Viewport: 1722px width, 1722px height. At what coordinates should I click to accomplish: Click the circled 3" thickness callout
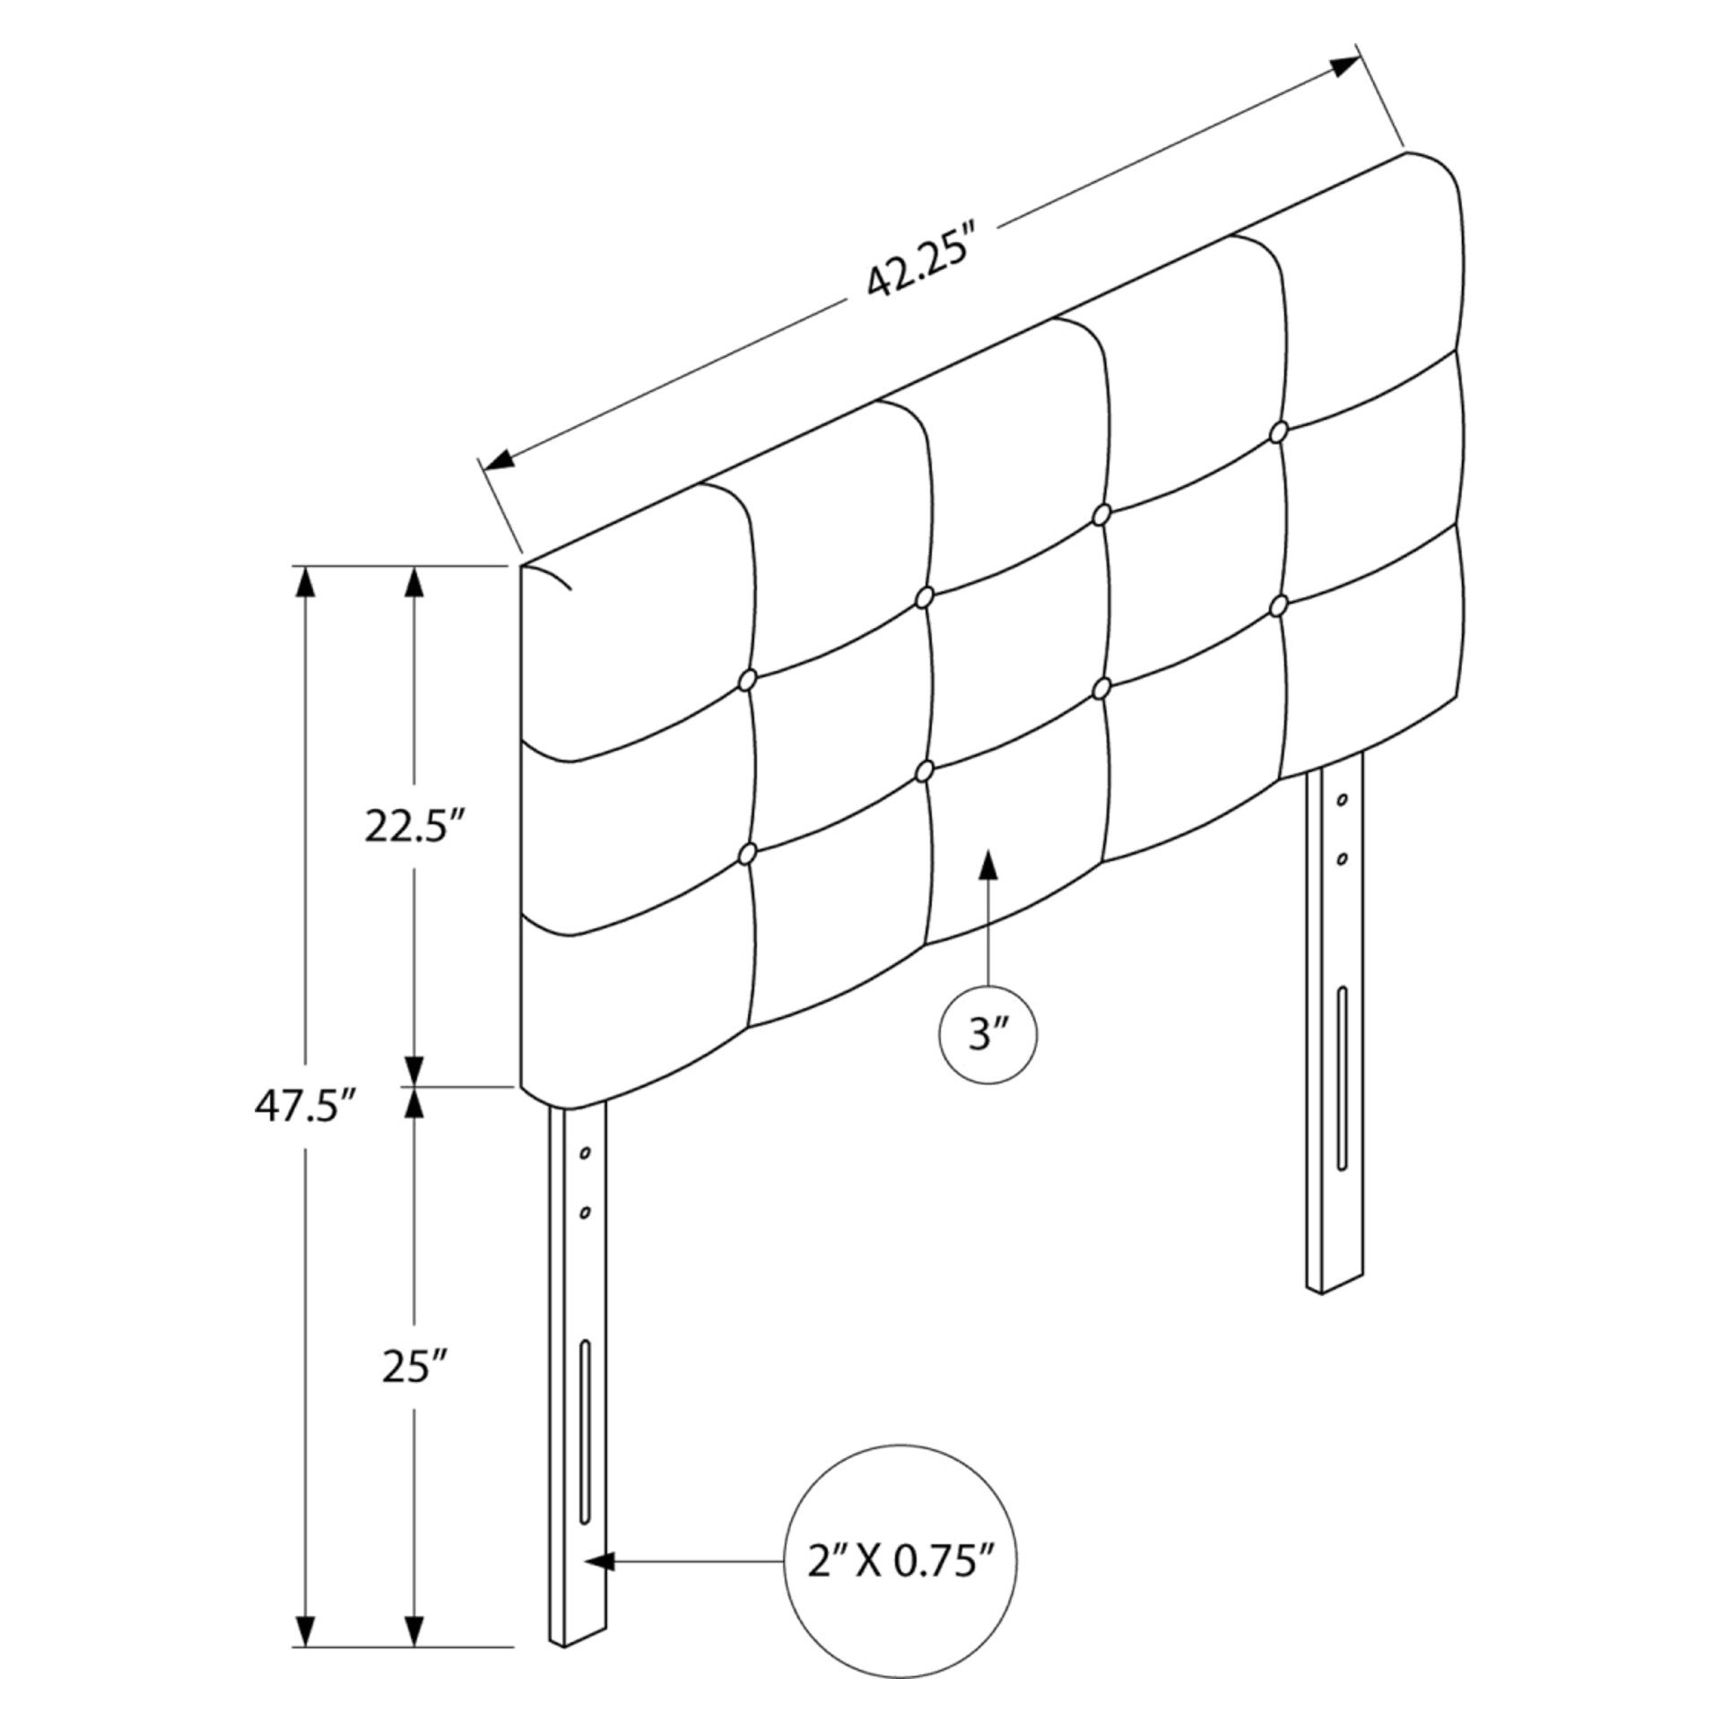(x=987, y=1035)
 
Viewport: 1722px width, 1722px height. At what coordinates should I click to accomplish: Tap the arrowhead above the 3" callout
(x=987, y=865)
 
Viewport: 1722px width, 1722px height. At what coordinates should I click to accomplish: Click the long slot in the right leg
(x=1342, y=1077)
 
